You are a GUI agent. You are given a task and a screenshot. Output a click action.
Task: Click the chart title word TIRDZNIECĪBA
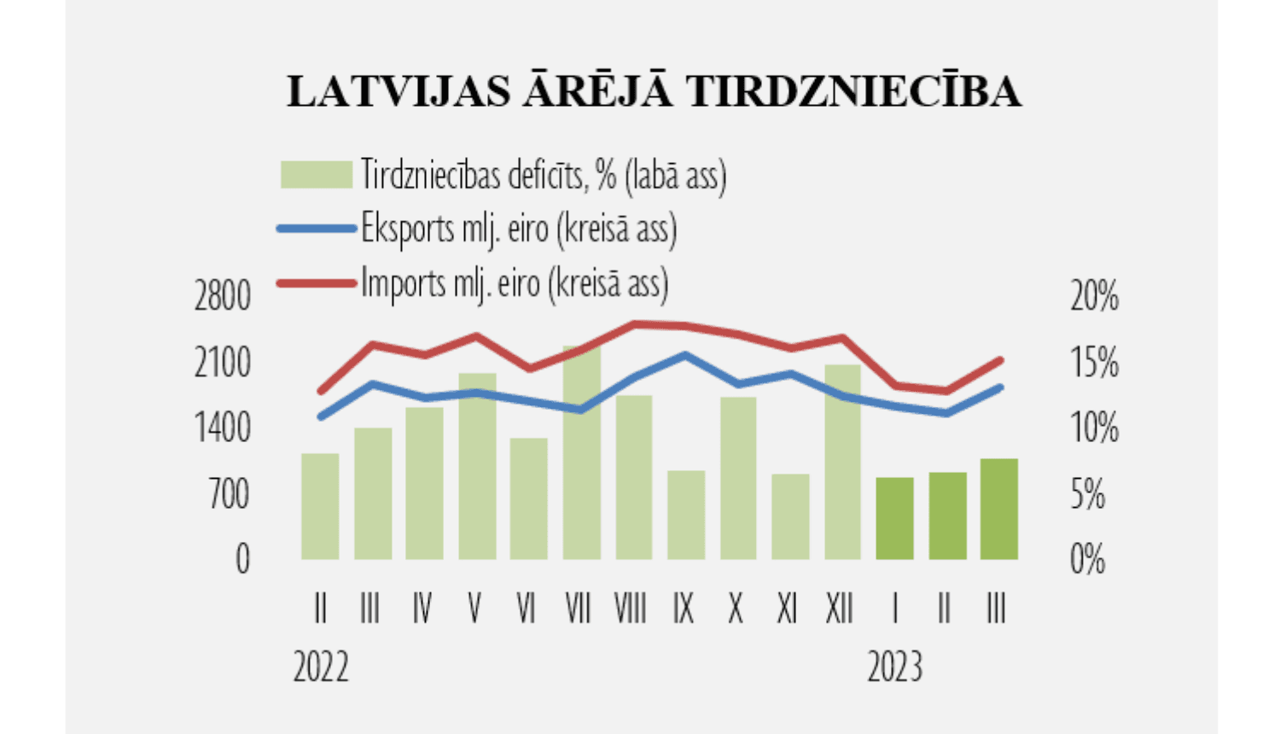(x=853, y=91)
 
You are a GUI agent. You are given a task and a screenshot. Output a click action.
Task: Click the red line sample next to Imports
(x=317, y=283)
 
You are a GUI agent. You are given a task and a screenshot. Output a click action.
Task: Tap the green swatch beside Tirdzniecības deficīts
(x=317, y=174)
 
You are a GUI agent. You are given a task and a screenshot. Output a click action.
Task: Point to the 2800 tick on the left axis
(x=223, y=297)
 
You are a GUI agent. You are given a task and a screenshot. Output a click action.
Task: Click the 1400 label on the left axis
(x=223, y=428)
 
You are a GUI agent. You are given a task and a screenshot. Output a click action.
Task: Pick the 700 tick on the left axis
(x=229, y=494)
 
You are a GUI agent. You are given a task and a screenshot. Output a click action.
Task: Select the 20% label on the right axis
(x=1094, y=297)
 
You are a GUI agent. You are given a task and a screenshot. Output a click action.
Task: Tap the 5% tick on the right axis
(x=1088, y=494)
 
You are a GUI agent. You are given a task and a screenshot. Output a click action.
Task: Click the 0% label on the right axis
(x=1088, y=560)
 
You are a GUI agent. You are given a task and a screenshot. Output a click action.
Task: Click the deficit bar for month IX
(x=686, y=515)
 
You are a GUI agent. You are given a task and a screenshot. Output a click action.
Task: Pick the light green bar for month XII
(x=843, y=462)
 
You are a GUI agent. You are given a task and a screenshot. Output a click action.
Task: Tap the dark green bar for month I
(x=895, y=519)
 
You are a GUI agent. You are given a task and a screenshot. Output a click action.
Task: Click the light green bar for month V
(x=477, y=466)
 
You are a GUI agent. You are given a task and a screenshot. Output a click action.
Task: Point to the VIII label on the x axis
(x=631, y=609)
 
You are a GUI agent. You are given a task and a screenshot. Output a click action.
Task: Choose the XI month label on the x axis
(x=787, y=609)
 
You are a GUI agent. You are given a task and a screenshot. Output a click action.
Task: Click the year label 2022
(x=321, y=667)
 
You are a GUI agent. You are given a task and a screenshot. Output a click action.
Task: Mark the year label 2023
(x=895, y=667)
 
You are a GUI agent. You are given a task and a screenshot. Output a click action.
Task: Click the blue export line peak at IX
(x=686, y=354)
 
